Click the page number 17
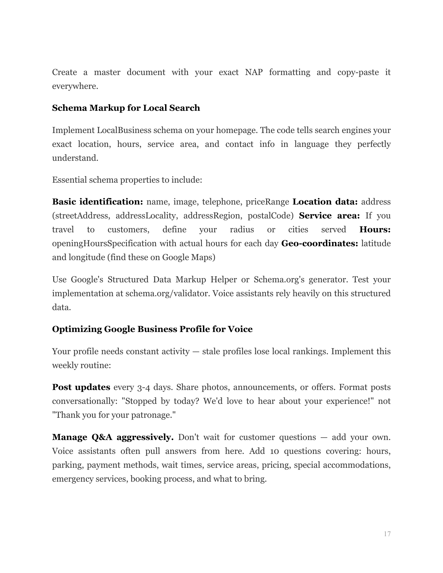click(387, 534)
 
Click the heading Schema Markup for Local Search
click(126, 108)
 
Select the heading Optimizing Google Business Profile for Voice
click(152, 329)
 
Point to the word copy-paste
click(358, 72)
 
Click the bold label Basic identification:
click(98, 202)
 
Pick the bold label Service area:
click(329, 216)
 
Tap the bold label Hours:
click(375, 230)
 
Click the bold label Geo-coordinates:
click(319, 243)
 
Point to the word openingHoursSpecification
click(104, 243)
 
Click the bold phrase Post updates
click(81, 387)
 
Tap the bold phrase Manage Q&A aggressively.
click(113, 437)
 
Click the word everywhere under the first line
click(75, 86)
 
